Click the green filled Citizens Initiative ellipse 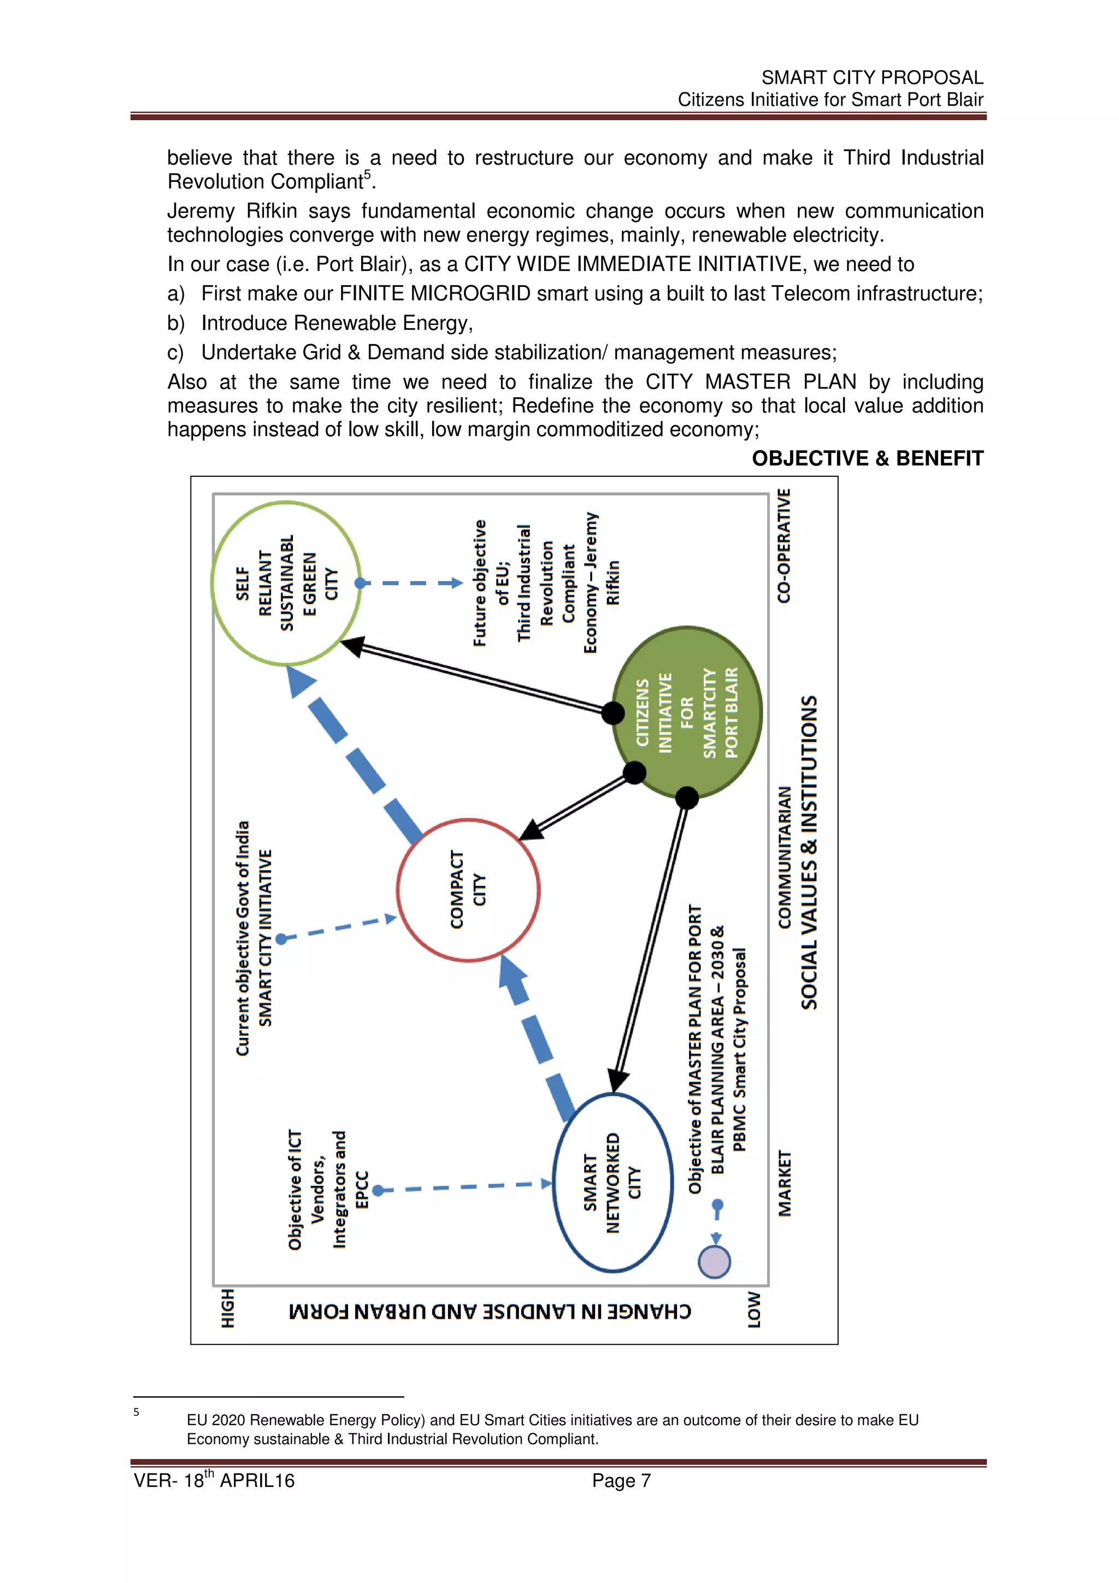687,713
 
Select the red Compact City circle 468,889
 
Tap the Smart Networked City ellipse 613,1183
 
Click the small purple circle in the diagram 714,1262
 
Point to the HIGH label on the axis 227,1308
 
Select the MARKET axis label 785,1183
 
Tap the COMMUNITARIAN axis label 785,857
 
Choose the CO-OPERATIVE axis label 784,546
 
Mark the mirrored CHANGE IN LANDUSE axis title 490,1310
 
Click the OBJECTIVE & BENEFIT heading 867,458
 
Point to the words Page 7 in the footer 621,1481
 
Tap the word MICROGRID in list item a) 470,294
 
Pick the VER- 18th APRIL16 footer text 214,1481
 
